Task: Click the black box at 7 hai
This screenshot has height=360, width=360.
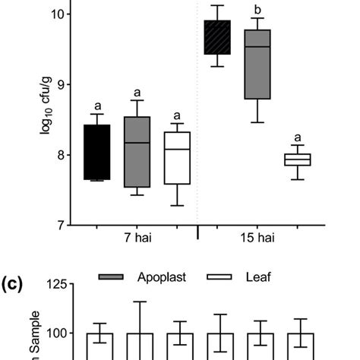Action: click(x=96, y=152)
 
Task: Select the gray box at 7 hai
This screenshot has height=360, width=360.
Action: click(x=137, y=152)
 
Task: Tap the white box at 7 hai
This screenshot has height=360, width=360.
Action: click(x=177, y=158)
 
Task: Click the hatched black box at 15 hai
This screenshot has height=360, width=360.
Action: click(x=218, y=37)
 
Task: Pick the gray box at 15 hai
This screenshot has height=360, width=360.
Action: click(x=257, y=65)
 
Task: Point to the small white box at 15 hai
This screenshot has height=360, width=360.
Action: click(x=297, y=159)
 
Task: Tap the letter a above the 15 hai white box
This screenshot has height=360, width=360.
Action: click(x=297, y=137)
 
